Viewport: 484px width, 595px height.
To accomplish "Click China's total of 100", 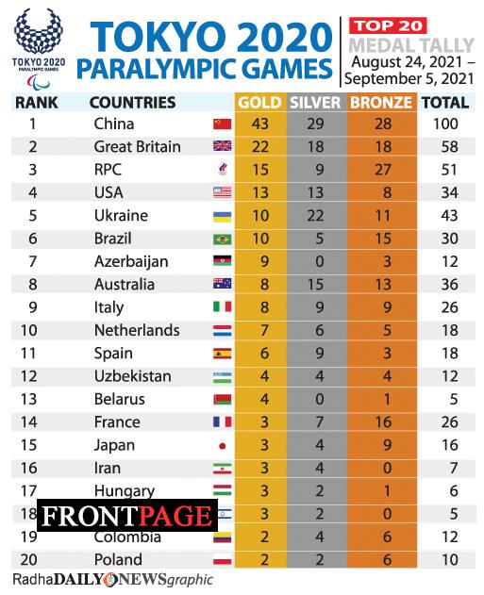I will (449, 124).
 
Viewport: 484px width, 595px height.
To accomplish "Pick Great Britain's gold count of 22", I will (259, 147).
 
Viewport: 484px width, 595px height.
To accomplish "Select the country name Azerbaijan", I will (131, 261).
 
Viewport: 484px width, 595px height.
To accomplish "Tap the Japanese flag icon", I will (223, 445).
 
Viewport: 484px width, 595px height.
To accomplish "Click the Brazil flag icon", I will (223, 239).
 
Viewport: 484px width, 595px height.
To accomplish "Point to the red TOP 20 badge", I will (388, 25).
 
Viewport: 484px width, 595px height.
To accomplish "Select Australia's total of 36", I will (449, 285).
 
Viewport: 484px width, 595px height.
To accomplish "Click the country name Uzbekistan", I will (133, 376).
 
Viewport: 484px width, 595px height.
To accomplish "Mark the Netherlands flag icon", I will (223, 331).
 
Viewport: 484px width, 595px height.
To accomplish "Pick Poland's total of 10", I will (449, 560).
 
